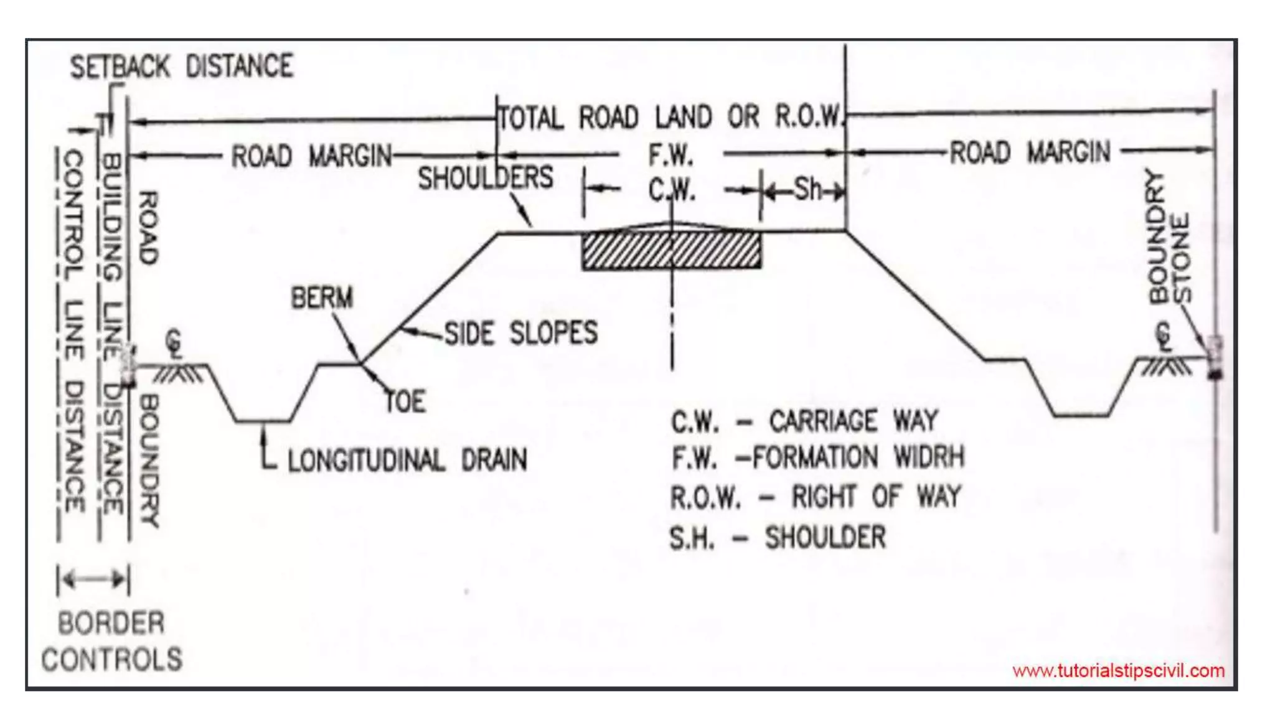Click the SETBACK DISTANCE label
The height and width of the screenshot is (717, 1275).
coord(181,67)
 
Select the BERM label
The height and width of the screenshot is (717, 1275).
coord(322,298)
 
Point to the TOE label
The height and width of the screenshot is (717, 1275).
coord(406,401)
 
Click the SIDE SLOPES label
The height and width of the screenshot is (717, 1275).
coord(520,333)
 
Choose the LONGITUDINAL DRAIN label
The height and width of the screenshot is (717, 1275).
coord(407,461)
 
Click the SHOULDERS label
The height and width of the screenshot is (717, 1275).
coord(486,178)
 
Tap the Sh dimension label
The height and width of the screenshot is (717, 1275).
coord(808,189)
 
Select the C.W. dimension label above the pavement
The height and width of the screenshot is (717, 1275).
coord(672,190)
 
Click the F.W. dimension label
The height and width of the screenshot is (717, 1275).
coord(671,155)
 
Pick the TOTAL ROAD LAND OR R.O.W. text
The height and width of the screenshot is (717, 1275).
coord(671,117)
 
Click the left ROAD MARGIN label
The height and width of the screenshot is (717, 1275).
coord(311,156)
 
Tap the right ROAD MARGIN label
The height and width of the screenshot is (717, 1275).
coord(1030,152)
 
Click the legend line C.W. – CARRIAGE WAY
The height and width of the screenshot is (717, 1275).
coord(804,421)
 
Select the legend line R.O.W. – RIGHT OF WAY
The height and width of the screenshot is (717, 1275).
coord(816,497)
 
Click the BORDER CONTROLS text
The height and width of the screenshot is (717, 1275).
coord(112,641)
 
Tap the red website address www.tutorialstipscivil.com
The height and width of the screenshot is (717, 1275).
coord(1118,671)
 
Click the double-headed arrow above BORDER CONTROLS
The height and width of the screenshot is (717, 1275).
coord(93,579)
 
